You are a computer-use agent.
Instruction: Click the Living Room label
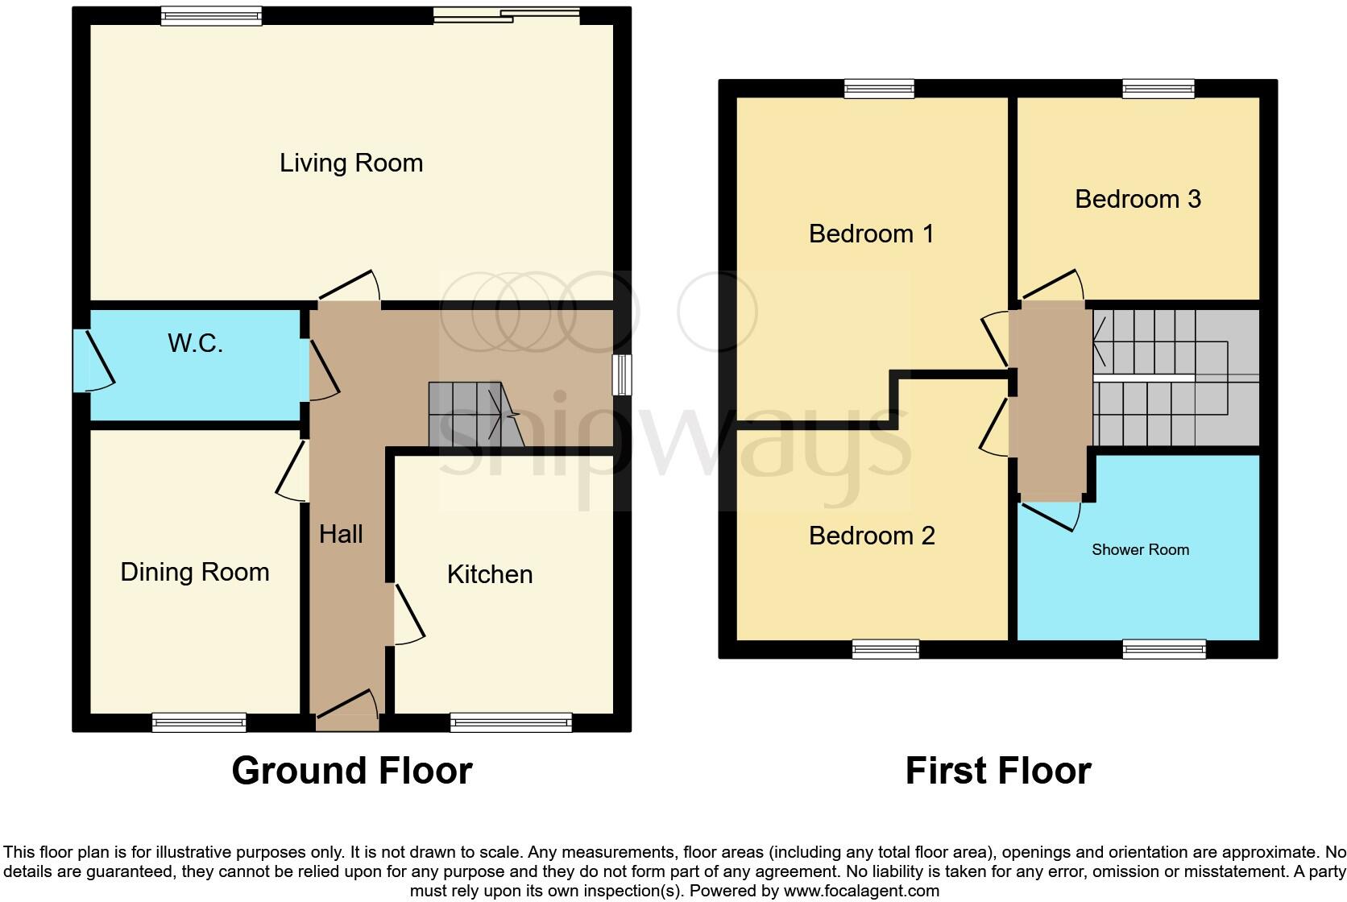pyautogui.click(x=351, y=163)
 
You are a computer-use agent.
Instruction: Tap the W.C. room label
pyautogui.click(x=195, y=343)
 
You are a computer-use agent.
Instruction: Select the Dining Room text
pyautogui.click(x=195, y=573)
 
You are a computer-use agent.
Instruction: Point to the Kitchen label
pyautogui.click(x=490, y=574)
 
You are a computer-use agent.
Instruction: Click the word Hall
pyautogui.click(x=341, y=534)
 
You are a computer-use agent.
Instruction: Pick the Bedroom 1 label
pyautogui.click(x=871, y=234)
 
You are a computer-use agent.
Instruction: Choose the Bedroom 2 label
pyautogui.click(x=872, y=536)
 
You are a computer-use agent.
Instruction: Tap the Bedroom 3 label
pyautogui.click(x=1138, y=199)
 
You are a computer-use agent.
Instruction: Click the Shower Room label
pyautogui.click(x=1140, y=550)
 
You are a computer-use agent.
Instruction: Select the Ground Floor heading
pyautogui.click(x=352, y=771)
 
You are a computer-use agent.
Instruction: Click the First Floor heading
pyautogui.click(x=998, y=771)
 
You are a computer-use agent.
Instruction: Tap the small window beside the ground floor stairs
pyautogui.click(x=622, y=375)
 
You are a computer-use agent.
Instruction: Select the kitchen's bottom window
pyautogui.click(x=511, y=722)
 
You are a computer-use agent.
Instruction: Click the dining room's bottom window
pyautogui.click(x=199, y=722)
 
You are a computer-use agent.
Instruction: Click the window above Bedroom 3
pyautogui.click(x=1158, y=89)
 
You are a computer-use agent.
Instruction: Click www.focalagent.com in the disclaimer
pyautogui.click(x=861, y=891)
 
